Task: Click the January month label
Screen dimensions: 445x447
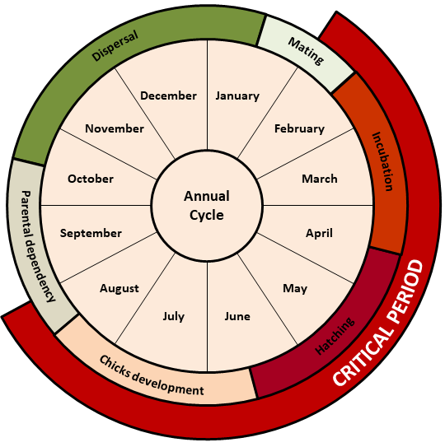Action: (237, 96)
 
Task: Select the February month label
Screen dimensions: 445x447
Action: (299, 129)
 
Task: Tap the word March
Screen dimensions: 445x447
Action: (320, 179)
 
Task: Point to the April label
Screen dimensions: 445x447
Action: (319, 234)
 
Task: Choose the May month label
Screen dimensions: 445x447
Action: (295, 288)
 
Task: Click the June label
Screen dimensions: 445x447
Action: (237, 316)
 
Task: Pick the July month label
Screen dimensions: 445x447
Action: (174, 316)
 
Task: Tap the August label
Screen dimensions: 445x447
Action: (119, 288)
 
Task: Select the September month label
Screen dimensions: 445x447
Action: (91, 234)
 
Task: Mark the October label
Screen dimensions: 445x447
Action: (91, 179)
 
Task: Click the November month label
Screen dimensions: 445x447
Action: (115, 129)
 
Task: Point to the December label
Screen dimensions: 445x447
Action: (168, 95)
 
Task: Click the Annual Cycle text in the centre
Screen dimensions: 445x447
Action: (207, 206)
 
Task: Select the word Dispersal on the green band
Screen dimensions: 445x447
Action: (115, 46)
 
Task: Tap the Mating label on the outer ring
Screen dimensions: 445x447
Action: (306, 51)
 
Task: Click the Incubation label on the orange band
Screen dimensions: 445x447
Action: (382, 161)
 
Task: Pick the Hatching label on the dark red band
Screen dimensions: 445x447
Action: (335, 337)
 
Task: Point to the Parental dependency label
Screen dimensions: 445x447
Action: (38, 246)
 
